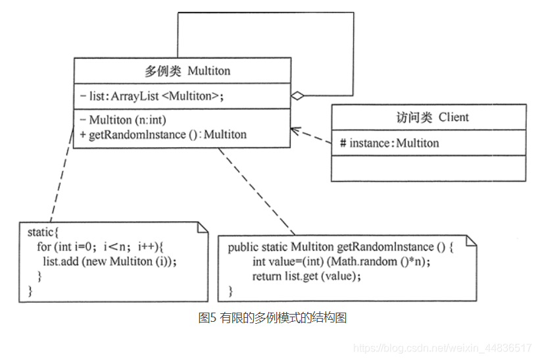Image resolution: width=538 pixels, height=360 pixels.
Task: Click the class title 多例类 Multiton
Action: pos(187,71)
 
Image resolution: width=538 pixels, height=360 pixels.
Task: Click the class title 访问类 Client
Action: pos(428,117)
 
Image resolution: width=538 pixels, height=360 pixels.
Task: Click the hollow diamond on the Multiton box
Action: pos(298,96)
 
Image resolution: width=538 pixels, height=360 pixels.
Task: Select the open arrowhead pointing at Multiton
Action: pos(295,130)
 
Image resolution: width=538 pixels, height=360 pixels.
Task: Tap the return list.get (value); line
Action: pos(306,276)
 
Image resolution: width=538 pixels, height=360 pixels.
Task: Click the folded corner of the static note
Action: pos(203,227)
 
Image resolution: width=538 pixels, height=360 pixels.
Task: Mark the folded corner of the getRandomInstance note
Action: pos(471,240)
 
